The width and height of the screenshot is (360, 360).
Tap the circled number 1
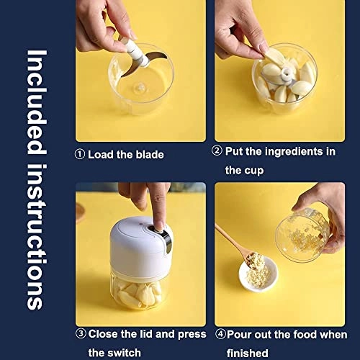(80, 154)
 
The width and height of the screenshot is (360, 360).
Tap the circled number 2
(217, 151)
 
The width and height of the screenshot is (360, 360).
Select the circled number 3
(81, 333)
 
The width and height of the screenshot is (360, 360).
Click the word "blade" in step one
(148, 154)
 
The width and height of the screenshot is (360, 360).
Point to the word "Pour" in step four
(243, 333)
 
